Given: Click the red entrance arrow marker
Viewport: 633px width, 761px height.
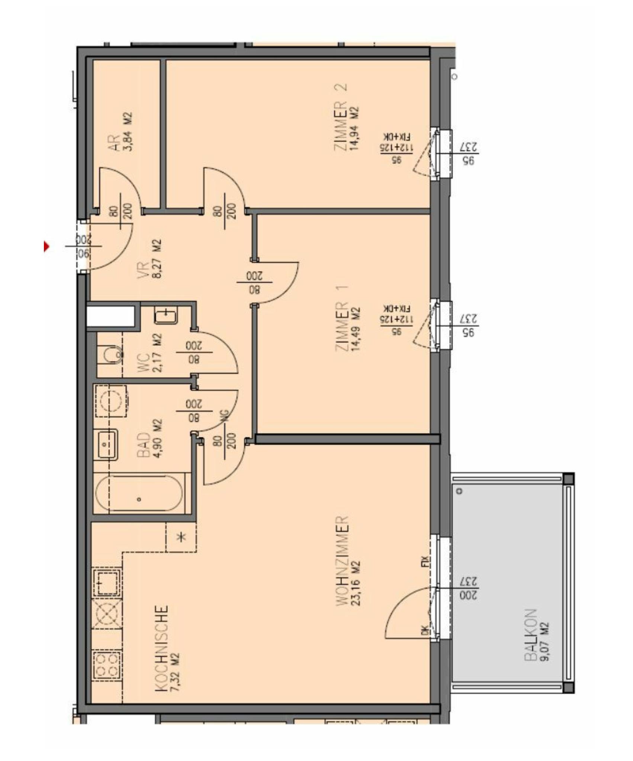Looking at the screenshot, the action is (46, 246).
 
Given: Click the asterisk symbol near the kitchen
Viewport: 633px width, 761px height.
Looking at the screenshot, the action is (181, 537).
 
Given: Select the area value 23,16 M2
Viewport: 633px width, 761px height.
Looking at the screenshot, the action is (355, 582).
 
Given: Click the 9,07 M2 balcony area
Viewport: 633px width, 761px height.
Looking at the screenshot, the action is (544, 642).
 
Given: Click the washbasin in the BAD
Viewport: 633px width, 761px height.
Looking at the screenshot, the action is (107, 444).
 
